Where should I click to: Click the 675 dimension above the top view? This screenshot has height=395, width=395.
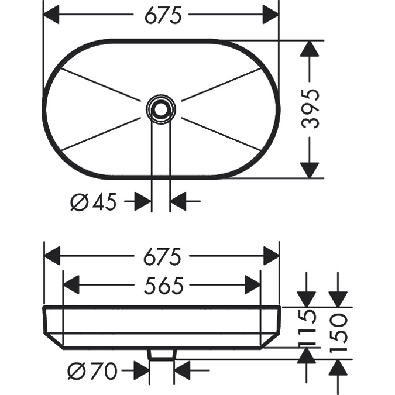[x=163, y=15]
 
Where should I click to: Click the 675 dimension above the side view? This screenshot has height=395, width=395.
[x=163, y=256]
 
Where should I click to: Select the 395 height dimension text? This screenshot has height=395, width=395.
[x=310, y=109]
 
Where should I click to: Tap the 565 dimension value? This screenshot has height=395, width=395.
[x=163, y=286]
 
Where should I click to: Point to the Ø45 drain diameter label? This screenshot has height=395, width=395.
[x=94, y=202]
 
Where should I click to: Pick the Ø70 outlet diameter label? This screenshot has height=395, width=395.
[x=92, y=371]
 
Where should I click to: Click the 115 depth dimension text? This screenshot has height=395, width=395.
[x=307, y=327]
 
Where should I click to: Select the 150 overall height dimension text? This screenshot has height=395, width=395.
[x=339, y=332]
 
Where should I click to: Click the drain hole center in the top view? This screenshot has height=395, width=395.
[x=161, y=109]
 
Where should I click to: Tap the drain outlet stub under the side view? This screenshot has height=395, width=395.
[x=162, y=353]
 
